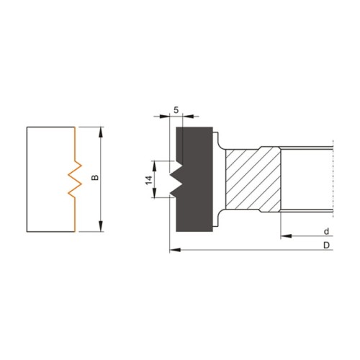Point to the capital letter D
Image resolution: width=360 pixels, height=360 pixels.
pos(327,246)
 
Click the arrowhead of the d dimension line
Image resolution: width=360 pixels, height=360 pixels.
pos(282,235)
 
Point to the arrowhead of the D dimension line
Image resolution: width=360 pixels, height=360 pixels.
pos(171,251)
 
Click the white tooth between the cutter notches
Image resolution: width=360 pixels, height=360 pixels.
pos(172,179)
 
